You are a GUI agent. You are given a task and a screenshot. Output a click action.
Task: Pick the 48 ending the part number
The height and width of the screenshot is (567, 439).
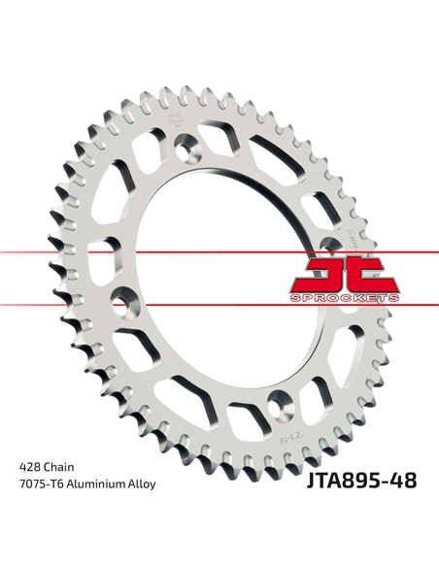[x=402, y=480]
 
